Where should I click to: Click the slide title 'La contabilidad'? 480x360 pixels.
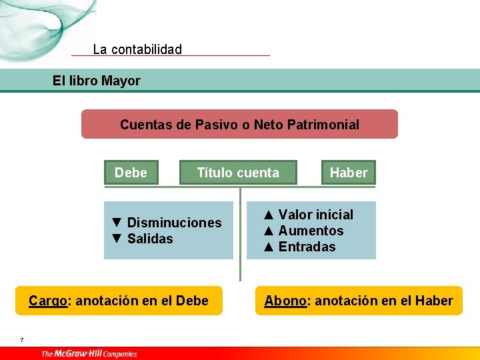click(x=137, y=49)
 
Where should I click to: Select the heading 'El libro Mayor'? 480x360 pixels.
click(x=97, y=81)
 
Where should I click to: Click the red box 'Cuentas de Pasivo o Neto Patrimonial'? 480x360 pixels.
click(x=239, y=125)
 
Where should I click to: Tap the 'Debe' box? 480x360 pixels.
click(x=131, y=173)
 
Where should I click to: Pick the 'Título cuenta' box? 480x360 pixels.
click(x=238, y=173)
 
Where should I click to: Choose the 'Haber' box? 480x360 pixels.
click(x=349, y=173)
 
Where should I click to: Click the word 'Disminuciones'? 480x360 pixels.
click(x=174, y=223)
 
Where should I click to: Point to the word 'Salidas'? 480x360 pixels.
click(x=150, y=239)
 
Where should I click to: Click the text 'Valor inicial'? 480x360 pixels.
click(x=316, y=215)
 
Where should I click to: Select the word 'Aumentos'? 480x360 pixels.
click(x=311, y=231)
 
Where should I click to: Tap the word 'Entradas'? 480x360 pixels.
click(x=307, y=247)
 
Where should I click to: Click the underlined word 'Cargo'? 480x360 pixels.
click(x=48, y=301)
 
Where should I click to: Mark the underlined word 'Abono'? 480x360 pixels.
click(x=285, y=301)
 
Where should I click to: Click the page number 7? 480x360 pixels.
click(x=21, y=340)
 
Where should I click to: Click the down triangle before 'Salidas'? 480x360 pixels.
click(x=117, y=239)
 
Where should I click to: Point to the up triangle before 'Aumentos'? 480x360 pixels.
click(x=269, y=231)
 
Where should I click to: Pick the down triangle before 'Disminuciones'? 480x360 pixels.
click(x=117, y=223)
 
